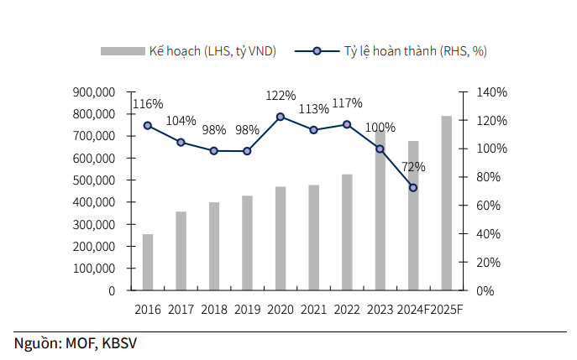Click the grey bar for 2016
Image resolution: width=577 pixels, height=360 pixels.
148,262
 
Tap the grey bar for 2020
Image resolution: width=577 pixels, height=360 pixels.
281,238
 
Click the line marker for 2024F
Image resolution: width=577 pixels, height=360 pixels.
413,188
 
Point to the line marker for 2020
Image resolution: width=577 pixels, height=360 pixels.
281,117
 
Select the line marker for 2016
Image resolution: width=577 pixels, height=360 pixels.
148,125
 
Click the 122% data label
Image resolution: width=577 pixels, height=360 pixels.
281,96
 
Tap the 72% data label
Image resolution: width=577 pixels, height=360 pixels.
413,167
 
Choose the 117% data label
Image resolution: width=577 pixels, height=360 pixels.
347,103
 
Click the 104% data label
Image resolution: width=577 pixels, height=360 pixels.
181,121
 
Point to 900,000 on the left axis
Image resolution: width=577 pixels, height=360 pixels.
94,92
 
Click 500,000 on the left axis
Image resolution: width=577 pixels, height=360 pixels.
94,180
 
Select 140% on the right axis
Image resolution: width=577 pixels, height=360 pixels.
491,92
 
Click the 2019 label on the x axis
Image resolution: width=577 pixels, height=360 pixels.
247,310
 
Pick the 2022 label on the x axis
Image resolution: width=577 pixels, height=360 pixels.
347,310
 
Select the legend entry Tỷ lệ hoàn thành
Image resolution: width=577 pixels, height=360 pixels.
415,51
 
